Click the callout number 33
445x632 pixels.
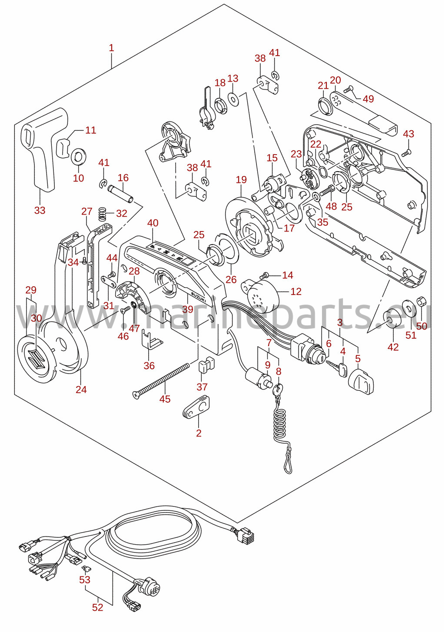click(x=40, y=210)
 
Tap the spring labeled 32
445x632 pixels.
click(x=103, y=214)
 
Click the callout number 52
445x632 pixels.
click(x=98, y=607)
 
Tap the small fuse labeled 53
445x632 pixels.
click(x=84, y=566)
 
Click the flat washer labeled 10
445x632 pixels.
click(x=79, y=156)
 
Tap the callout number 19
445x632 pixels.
click(x=242, y=180)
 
